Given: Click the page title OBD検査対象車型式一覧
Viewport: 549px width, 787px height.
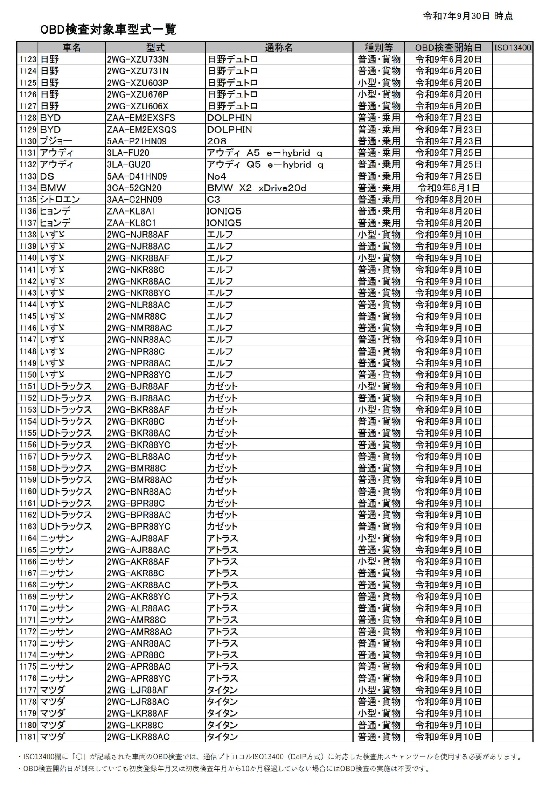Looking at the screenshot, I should [x=108, y=30].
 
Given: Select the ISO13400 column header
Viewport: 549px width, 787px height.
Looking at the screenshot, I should [x=512, y=48].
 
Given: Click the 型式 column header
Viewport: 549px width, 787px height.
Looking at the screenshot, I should [x=155, y=48].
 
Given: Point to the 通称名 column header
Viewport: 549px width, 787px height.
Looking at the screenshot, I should [x=279, y=48].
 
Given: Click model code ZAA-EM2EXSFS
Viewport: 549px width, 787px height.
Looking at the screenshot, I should [x=141, y=118].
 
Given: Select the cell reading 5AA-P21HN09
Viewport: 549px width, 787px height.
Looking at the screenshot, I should [x=137, y=141].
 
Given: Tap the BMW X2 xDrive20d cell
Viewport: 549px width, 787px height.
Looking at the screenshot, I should [x=256, y=188].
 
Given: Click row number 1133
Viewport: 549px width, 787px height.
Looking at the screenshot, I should [x=27, y=176].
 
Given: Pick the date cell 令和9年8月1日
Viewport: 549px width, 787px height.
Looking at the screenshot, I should [x=448, y=188].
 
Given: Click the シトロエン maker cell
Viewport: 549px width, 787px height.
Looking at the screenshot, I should [x=60, y=200].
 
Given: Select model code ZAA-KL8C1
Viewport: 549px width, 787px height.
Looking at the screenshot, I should [x=131, y=223].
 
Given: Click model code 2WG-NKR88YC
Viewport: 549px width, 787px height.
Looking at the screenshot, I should [x=138, y=293].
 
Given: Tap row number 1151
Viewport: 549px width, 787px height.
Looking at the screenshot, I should [x=27, y=386].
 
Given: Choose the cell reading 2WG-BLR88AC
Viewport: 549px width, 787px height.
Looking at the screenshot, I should [x=138, y=457].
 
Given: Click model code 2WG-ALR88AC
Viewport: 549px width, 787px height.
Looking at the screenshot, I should [x=138, y=608].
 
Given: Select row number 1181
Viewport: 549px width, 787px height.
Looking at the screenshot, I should [x=27, y=737].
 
